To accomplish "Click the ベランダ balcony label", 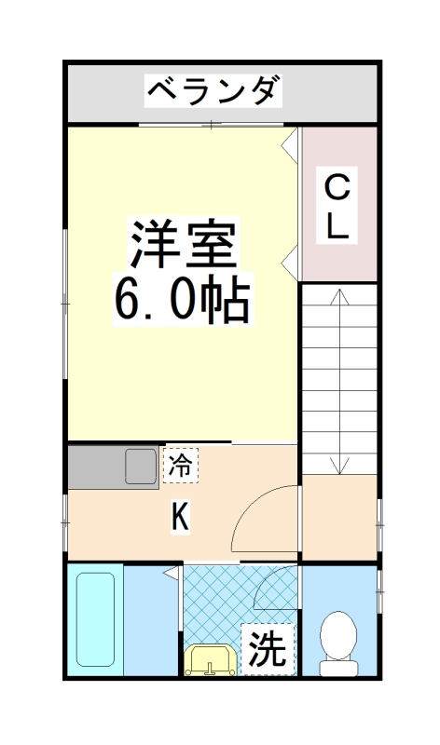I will (213, 91).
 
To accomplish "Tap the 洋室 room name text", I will (182, 244).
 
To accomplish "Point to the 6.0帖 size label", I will (182, 300).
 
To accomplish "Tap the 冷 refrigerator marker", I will (181, 465).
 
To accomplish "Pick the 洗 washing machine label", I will (268, 648).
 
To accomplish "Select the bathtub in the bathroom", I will (94, 619).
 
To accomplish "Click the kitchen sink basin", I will (141, 466).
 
